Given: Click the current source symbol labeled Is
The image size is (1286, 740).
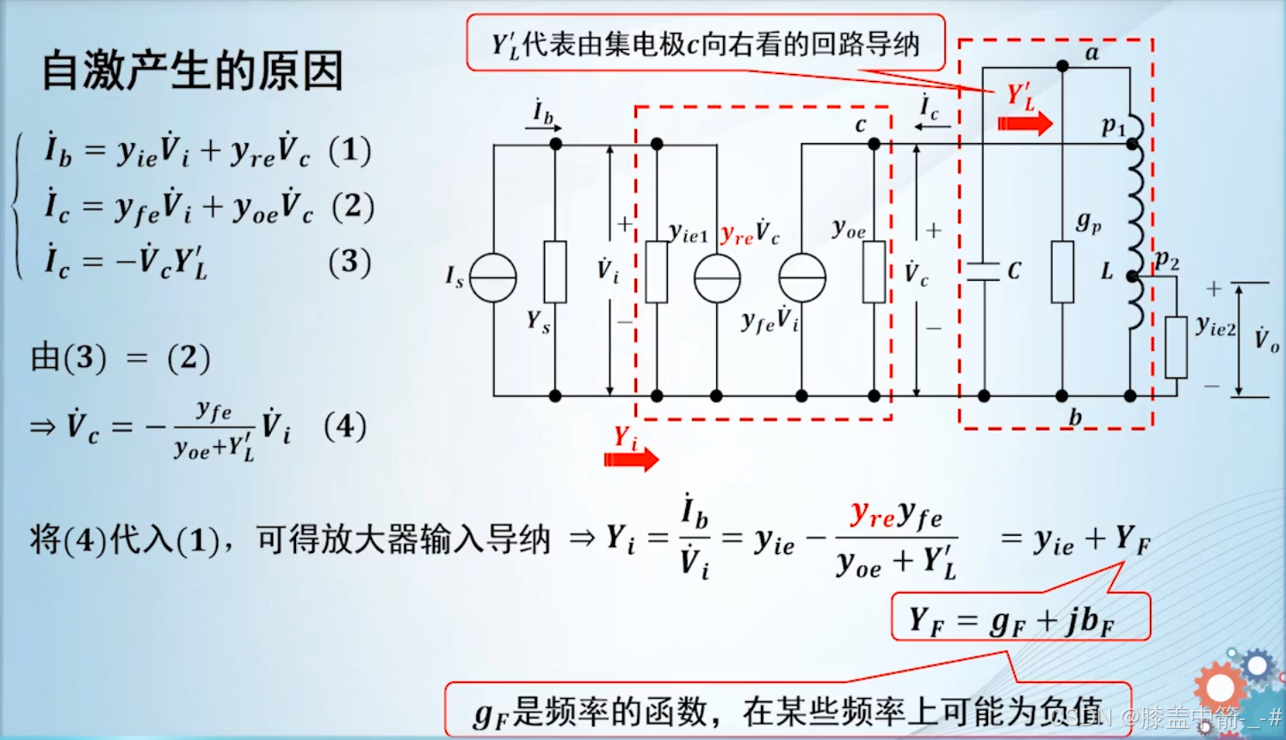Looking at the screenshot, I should (x=493, y=278).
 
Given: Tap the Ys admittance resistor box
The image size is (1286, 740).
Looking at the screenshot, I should (x=555, y=272).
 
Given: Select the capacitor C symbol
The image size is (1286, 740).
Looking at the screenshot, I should (x=984, y=272).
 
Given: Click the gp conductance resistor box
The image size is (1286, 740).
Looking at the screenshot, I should (x=1062, y=272).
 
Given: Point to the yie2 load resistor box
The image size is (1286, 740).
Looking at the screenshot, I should (x=1176, y=347).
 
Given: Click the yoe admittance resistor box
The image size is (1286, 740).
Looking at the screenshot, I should (x=874, y=272).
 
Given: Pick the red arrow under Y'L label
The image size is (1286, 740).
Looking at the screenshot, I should (x=1024, y=123).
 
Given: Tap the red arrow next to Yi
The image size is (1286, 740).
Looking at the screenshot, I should (x=631, y=459).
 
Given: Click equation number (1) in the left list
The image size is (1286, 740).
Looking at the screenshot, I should (x=349, y=151).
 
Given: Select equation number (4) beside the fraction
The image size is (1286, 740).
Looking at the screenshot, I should (x=345, y=426).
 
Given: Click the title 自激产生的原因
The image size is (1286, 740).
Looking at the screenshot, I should (x=193, y=71).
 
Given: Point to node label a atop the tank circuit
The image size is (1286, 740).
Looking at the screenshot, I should (x=1091, y=53).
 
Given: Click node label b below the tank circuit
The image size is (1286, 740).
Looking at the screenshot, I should (x=1075, y=418).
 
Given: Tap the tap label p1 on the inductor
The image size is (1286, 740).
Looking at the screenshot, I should (x=1113, y=127).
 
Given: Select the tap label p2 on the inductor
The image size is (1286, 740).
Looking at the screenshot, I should (x=1166, y=260).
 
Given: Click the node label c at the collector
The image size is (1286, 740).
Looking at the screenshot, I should (x=860, y=125).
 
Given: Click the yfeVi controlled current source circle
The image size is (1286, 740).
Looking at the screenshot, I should (x=802, y=278).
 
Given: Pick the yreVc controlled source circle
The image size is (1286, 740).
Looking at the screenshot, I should (x=717, y=278).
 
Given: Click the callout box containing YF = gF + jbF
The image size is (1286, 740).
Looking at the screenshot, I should (x=1020, y=618).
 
